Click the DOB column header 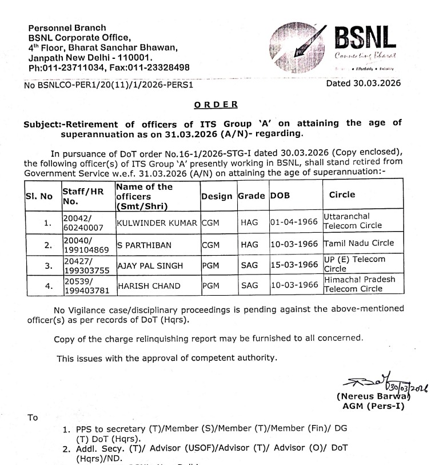pos(280,196)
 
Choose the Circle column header pos(342,194)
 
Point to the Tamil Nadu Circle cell pos(358,243)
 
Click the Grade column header pos(252,196)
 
